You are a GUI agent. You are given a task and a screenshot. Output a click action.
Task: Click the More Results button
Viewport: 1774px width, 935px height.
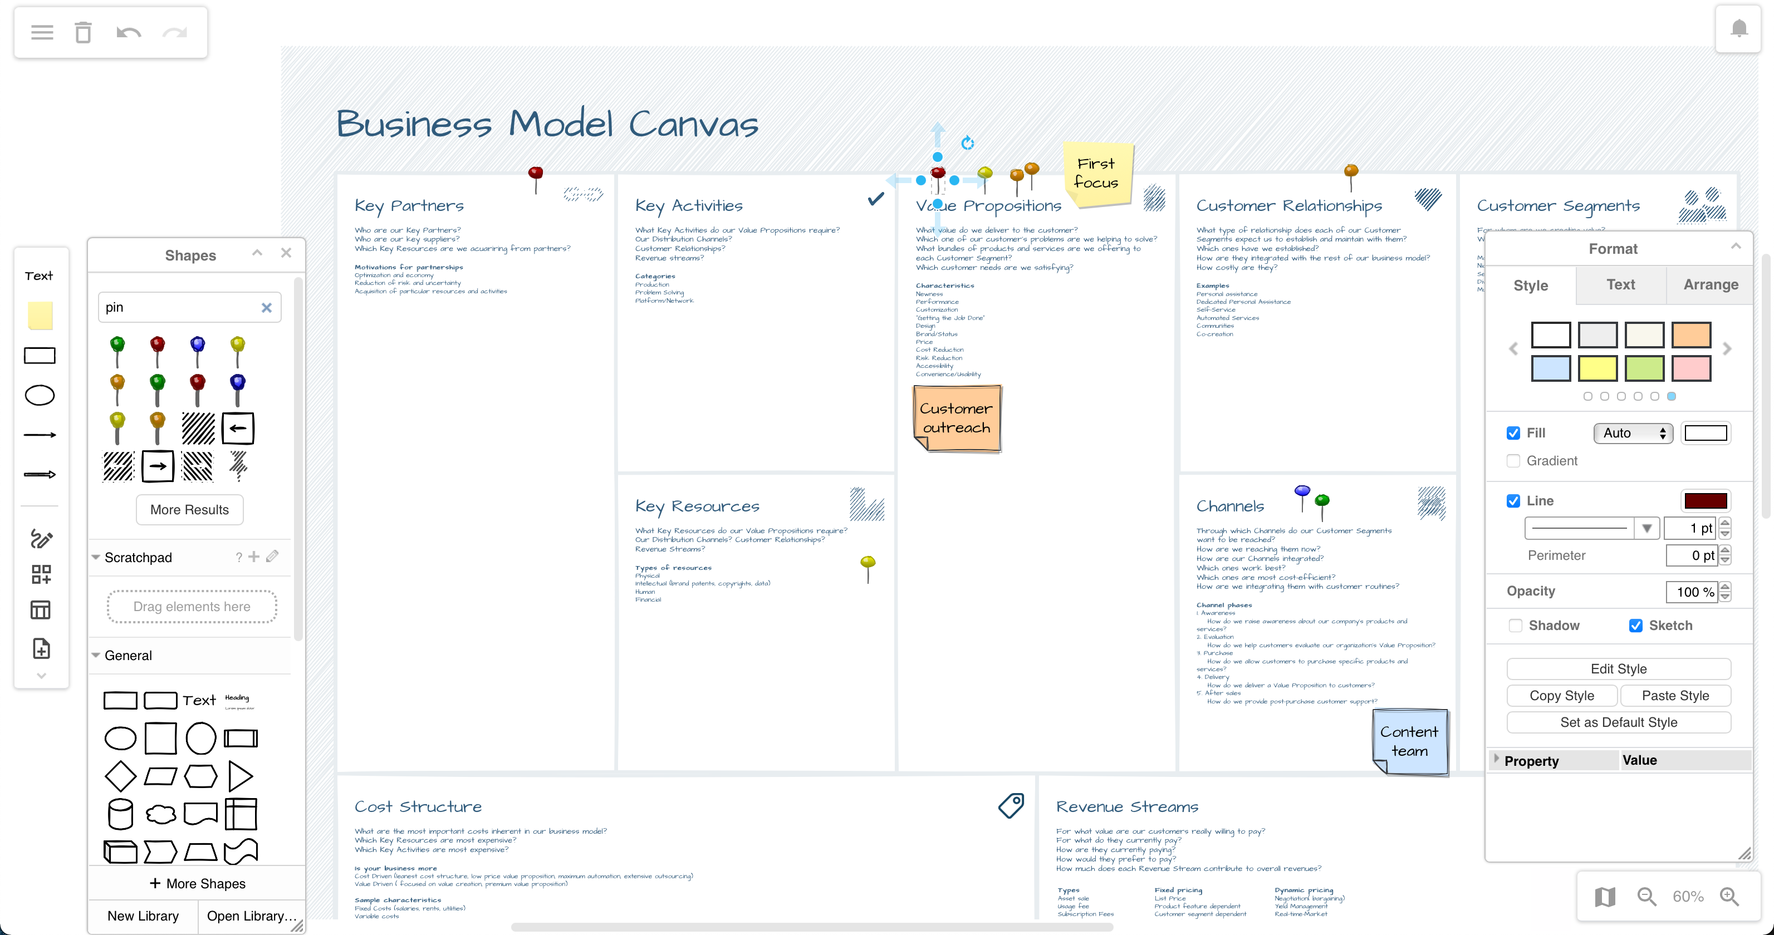point(189,509)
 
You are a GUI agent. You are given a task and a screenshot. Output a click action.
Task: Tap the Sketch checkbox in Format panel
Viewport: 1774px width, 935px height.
point(1635,625)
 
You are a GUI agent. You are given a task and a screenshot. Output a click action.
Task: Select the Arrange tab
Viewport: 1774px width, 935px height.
point(1710,284)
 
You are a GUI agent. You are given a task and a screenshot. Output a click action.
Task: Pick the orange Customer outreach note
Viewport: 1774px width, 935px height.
point(957,418)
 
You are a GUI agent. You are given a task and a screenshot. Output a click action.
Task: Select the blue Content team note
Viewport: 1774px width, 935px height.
point(1410,741)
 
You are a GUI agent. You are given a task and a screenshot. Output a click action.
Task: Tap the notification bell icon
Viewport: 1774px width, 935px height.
point(1739,28)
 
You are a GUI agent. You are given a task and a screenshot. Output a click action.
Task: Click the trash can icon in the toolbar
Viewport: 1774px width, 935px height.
point(84,32)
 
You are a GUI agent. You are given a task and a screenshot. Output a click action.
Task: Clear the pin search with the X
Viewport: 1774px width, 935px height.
point(267,308)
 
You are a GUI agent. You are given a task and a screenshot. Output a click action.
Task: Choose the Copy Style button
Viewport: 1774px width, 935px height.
point(1561,695)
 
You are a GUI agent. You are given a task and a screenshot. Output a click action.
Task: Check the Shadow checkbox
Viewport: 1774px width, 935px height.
point(1515,625)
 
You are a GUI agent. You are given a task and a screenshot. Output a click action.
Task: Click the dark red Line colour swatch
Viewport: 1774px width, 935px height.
point(1705,500)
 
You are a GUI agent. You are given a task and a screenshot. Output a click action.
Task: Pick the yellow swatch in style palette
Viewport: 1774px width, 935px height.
point(1597,368)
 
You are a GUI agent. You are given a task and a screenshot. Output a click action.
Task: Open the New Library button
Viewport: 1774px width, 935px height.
point(143,916)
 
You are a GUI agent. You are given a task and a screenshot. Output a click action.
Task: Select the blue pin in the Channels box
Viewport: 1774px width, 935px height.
point(1302,495)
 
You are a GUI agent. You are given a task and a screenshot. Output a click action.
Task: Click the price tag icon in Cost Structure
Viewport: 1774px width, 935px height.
point(1011,805)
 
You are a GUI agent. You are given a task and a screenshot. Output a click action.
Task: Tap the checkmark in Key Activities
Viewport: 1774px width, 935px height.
point(875,199)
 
